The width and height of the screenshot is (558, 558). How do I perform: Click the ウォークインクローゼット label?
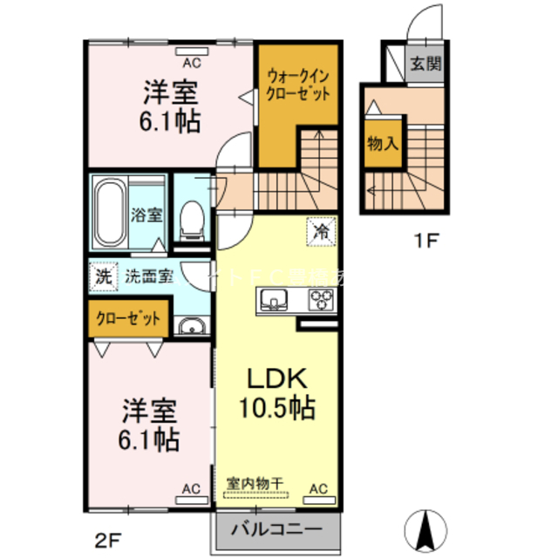[x=298, y=85]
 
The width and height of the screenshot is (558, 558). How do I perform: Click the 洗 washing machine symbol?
[x=104, y=278]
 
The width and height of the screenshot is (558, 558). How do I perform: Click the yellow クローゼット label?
[x=128, y=318]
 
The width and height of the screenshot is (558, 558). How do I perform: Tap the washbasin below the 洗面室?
[x=191, y=327]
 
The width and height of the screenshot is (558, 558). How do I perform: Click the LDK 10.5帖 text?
[x=277, y=392]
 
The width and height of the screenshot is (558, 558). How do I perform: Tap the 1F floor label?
[x=425, y=241]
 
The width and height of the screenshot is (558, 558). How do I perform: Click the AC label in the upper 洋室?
[x=190, y=62]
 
